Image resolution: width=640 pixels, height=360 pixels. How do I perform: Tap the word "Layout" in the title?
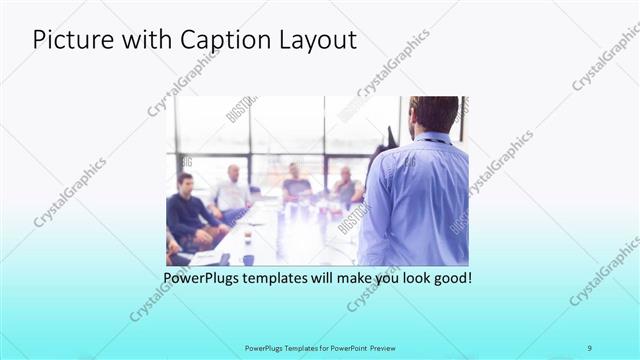coord(317,41)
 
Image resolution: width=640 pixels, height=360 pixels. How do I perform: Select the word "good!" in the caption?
coord(450,276)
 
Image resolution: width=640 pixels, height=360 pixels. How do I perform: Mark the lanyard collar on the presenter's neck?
coord(432,139)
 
